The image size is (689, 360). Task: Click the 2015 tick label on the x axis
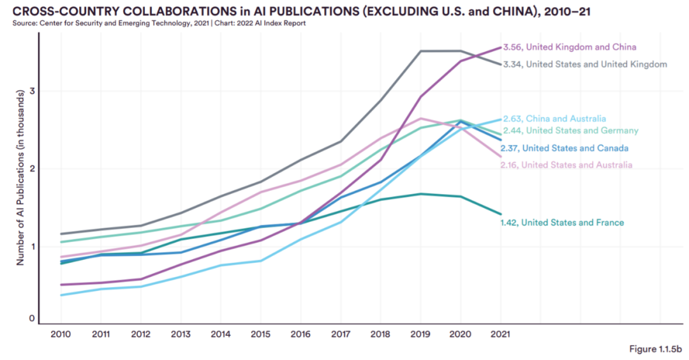(260, 334)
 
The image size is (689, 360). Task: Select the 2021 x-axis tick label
(500, 334)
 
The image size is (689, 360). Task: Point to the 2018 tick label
(380, 334)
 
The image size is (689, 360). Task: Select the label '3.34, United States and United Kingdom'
(584, 64)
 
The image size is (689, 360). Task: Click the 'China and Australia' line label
(554, 119)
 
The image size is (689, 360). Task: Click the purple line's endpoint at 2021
(500, 47)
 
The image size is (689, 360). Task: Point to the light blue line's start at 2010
(61, 295)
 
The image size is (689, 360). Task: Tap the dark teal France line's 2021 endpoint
(500, 214)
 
